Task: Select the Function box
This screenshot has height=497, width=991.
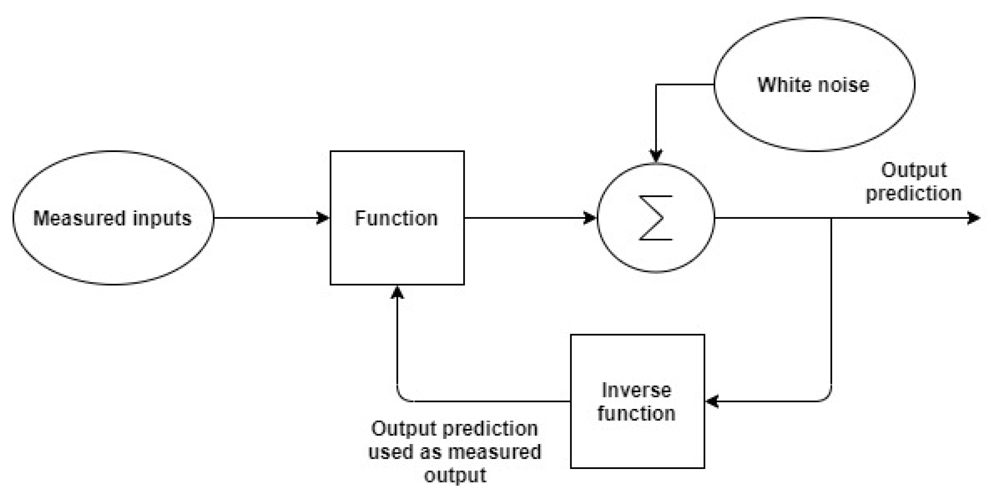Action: coord(397,250)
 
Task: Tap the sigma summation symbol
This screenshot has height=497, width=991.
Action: coord(656,218)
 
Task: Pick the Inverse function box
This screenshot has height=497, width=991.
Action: coord(637,442)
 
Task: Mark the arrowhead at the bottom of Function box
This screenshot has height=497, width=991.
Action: coord(397,292)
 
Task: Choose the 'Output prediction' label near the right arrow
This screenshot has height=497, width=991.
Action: coord(914,182)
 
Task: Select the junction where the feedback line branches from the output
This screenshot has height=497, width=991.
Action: coord(831,218)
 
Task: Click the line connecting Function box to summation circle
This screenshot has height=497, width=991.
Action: coord(527,218)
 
